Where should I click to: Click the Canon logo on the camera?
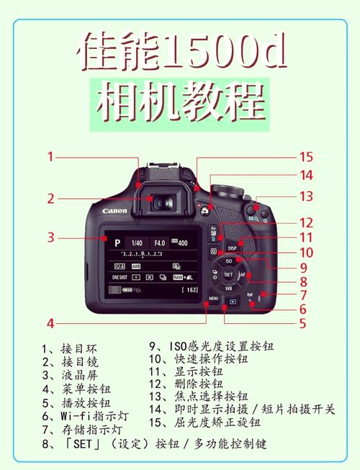coord(114,211)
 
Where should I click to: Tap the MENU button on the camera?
coord(214,297)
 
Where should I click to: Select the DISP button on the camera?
coord(242,246)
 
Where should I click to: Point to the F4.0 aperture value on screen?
coord(159,243)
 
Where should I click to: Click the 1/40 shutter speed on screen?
coord(137,243)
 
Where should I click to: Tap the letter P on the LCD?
coord(117,243)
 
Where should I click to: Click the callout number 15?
coord(307,156)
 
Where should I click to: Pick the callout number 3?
coord(51,237)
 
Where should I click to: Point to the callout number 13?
coord(307,195)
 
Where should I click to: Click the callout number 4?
coord(51,322)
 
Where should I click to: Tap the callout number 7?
coord(304,294)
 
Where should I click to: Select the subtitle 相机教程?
coord(179,104)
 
